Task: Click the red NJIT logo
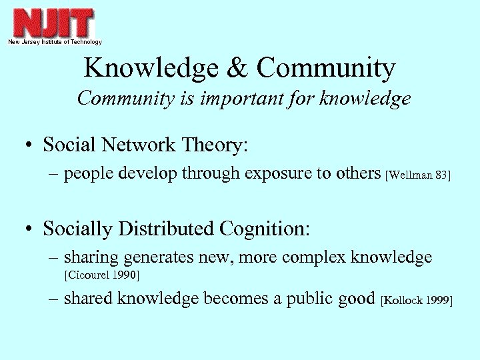coord(54,22)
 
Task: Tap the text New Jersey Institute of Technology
coord(55,42)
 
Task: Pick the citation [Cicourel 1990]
coord(101,275)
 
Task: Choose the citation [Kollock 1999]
coord(416,301)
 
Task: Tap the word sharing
coord(91,258)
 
